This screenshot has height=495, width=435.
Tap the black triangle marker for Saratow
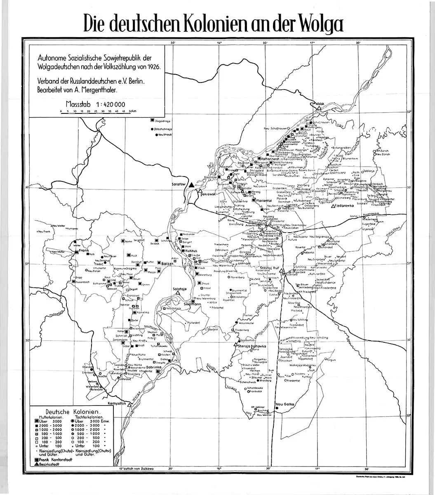click(x=191, y=186)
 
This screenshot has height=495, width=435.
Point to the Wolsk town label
click(x=320, y=103)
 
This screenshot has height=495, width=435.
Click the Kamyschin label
click(x=117, y=403)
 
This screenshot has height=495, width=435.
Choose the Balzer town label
click(x=167, y=263)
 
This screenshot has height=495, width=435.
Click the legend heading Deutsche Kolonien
click(x=73, y=412)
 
